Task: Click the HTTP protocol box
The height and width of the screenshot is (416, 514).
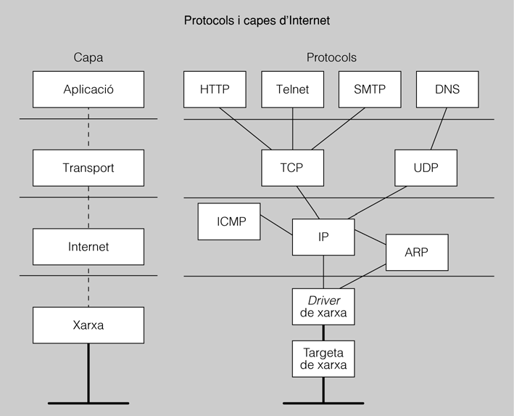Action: pyautogui.click(x=215, y=90)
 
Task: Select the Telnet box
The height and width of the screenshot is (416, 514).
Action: pyautogui.click(x=292, y=90)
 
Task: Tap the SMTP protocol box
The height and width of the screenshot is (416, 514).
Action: pyautogui.click(x=370, y=90)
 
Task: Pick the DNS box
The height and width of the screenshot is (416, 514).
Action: pyautogui.click(x=447, y=90)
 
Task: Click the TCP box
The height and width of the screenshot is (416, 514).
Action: pyautogui.click(x=292, y=168)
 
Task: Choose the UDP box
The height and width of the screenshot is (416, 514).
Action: pyautogui.click(x=426, y=168)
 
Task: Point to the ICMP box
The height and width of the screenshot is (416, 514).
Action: pyautogui.click(x=229, y=221)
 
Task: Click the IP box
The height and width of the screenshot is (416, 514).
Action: pyautogui.click(x=323, y=237)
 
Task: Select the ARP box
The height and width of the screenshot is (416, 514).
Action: pyautogui.click(x=418, y=252)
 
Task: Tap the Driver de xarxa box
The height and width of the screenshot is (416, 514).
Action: pyautogui.click(x=323, y=306)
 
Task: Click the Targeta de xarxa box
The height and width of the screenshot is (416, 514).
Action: pyautogui.click(x=323, y=358)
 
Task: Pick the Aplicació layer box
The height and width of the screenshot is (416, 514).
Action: pyautogui.click(x=88, y=90)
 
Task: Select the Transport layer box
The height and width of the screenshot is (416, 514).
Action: pyautogui.click(x=88, y=168)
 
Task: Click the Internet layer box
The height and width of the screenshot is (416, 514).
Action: pyautogui.click(x=88, y=247)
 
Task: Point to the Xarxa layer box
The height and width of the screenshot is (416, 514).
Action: pyautogui.click(x=88, y=325)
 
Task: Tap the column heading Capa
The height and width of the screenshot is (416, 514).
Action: pyautogui.click(x=88, y=57)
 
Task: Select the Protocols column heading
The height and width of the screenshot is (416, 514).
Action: pyautogui.click(x=331, y=57)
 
